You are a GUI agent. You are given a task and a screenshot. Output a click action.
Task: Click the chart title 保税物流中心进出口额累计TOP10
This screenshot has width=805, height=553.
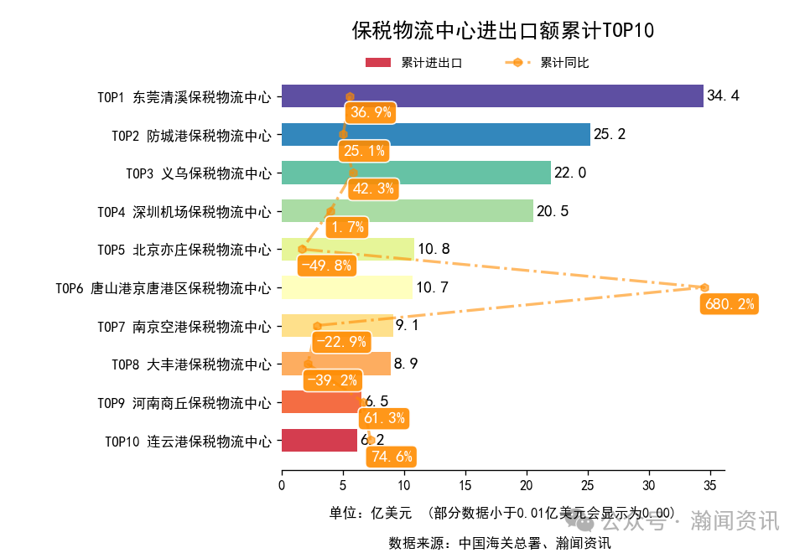point(502,31)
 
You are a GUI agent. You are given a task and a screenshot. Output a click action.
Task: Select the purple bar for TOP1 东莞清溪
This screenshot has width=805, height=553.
point(491,96)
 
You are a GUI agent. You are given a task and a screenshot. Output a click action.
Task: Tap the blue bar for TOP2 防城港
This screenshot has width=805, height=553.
point(435,134)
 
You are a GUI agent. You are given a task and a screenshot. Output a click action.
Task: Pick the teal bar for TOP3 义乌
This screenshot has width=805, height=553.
point(416,173)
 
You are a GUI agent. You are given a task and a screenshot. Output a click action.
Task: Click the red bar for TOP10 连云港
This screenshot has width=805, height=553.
point(319,440)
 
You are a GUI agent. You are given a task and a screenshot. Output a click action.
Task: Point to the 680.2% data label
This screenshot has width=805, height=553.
point(729,304)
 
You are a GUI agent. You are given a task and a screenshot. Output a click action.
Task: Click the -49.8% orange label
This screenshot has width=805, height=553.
point(326,266)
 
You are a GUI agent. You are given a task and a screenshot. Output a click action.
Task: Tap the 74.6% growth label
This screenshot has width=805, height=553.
point(391,457)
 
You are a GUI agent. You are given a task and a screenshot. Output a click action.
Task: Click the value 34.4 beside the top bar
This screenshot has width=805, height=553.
point(723,96)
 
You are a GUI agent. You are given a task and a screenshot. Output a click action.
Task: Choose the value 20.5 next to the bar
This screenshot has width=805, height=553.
point(553,211)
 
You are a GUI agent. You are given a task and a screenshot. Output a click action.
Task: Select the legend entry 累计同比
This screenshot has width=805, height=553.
point(564,63)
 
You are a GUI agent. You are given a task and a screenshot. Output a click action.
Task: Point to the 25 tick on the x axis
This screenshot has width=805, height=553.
point(587,485)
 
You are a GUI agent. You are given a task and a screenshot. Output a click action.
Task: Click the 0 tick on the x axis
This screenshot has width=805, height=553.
point(282,485)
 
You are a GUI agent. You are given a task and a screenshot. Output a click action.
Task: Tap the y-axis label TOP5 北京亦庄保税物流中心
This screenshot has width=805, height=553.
point(184,250)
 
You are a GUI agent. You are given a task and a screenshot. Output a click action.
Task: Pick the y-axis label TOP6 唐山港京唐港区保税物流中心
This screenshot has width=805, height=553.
point(164,288)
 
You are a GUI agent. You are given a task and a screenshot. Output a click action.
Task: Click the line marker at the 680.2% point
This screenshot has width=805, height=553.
point(704,287)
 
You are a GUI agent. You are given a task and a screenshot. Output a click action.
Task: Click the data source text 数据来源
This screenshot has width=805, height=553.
point(499,542)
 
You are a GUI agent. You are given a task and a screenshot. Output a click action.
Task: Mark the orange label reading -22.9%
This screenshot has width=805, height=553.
point(340,342)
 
